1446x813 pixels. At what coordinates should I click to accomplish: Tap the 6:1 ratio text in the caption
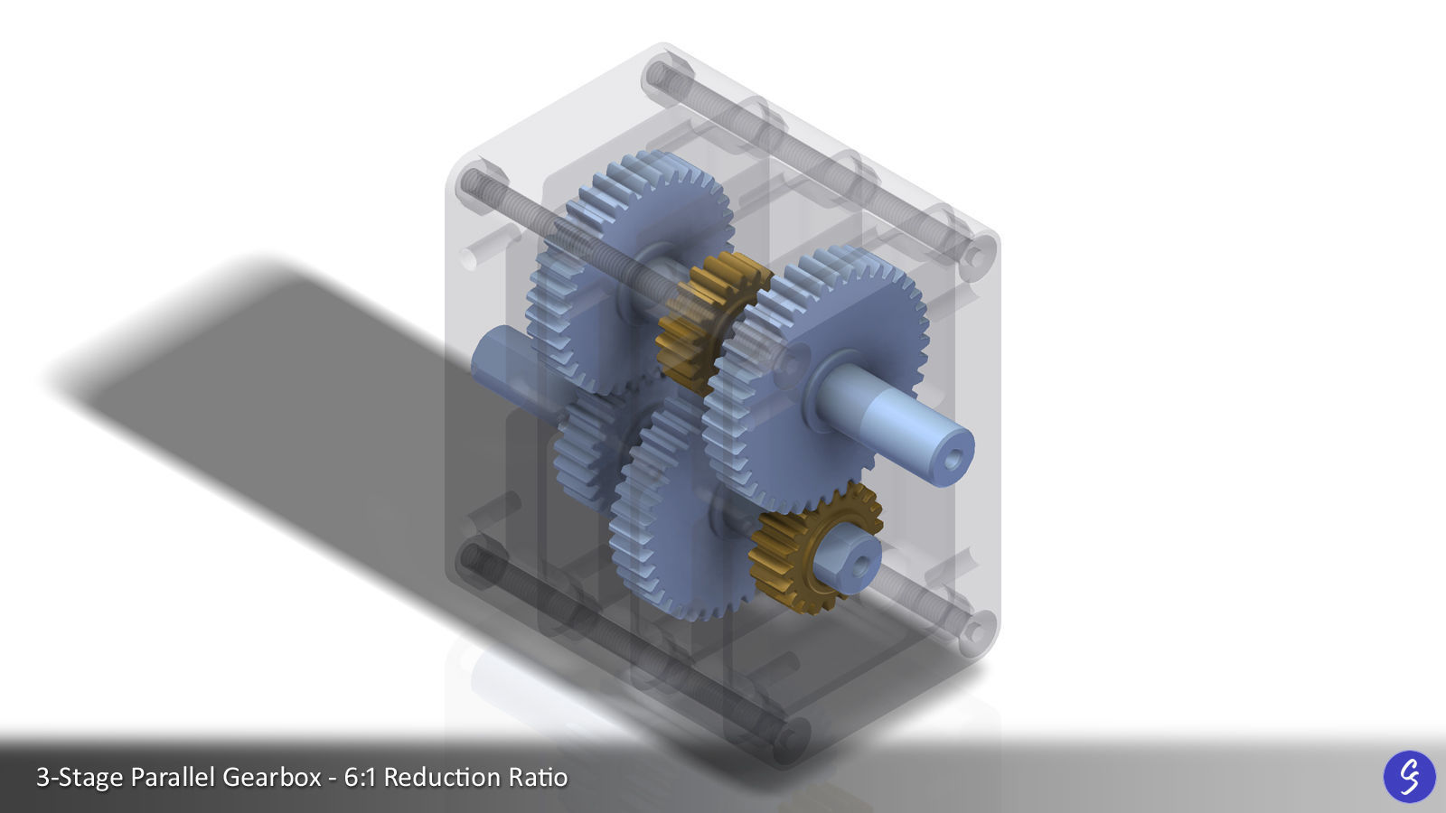(360, 778)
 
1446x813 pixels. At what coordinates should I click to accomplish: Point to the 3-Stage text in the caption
(79, 778)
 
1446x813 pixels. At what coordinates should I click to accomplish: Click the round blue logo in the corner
(1409, 776)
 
